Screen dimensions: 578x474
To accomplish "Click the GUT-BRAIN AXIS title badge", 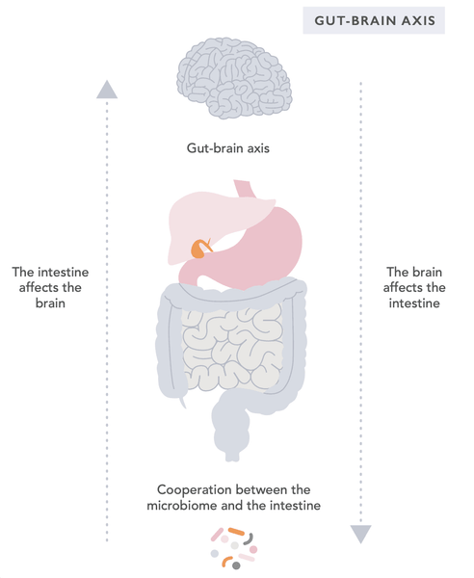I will pyautogui.click(x=374, y=19).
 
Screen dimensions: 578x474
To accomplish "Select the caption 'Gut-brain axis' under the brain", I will pyautogui.click(x=233, y=149).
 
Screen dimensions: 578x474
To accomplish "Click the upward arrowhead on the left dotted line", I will pyautogui.click(x=107, y=89).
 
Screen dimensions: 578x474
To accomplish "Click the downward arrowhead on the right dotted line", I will pyautogui.click(x=360, y=533).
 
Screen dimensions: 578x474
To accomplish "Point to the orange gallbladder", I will pyautogui.click(x=199, y=250).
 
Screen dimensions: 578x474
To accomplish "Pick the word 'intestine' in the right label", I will pyautogui.click(x=415, y=302).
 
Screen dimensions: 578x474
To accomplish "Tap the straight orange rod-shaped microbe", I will pyautogui.click(x=236, y=531).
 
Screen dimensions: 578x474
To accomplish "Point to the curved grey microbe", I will pyautogui.click(x=250, y=538).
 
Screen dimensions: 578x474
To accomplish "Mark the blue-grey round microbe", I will pyautogui.click(x=214, y=553).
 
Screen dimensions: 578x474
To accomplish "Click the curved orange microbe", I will pyautogui.click(x=226, y=561).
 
